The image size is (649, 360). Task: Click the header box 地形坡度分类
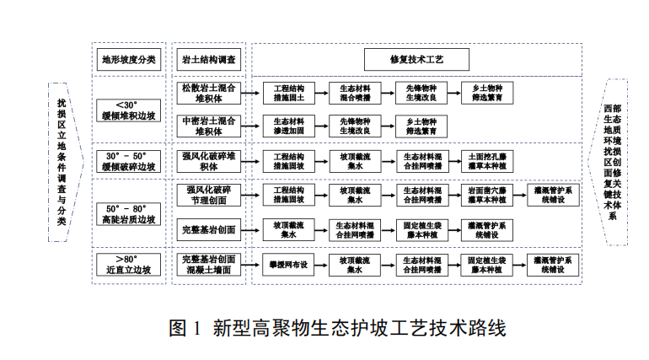129,60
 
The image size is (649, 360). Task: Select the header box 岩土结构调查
209,60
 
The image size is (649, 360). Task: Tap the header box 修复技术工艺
416,60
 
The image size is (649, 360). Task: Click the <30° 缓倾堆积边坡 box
129,110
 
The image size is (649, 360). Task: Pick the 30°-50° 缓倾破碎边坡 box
129,162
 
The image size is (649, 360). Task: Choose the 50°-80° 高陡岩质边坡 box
129,213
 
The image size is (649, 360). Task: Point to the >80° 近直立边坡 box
129,264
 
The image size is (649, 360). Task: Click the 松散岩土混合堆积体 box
209,93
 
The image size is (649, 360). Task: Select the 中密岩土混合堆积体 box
209,126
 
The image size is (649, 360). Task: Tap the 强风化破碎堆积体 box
209,161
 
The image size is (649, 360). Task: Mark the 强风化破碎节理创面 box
209,196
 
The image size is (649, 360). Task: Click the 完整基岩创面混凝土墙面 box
209,264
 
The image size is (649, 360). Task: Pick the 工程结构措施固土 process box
288,93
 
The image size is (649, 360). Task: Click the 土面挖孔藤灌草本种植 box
486,161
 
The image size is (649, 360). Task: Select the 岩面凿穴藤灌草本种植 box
486,196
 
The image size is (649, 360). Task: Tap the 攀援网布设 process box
288,264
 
